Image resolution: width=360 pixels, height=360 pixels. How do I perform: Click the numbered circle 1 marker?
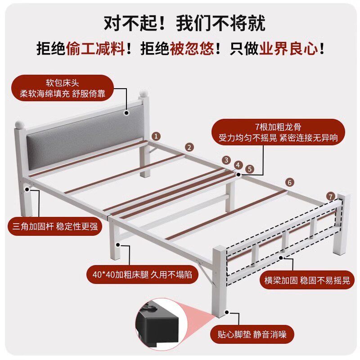[156, 136]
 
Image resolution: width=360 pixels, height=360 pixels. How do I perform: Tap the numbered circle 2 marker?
[189, 147]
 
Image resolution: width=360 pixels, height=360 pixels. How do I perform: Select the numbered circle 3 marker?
[226, 160]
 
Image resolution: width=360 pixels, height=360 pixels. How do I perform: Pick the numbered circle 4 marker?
[238, 165]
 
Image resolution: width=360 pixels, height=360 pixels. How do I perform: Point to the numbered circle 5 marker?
[250, 169]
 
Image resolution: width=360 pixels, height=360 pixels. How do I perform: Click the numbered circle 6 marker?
[290, 182]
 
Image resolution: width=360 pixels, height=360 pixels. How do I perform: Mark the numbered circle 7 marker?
[331, 197]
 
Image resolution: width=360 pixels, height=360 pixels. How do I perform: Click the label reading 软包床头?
[62, 83]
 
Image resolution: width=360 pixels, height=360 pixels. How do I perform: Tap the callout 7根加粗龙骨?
[278, 127]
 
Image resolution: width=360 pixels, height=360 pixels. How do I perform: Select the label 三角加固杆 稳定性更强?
[55, 226]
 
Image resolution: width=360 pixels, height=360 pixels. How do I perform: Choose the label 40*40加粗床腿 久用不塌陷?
[142, 274]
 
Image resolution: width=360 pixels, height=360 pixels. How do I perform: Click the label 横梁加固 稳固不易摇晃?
[307, 280]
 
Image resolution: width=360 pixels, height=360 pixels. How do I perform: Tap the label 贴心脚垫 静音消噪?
[252, 334]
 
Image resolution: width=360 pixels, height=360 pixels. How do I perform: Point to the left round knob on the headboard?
[19, 125]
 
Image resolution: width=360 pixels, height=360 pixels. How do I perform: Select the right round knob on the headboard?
[144, 94]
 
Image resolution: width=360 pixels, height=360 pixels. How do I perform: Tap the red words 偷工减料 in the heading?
[95, 49]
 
